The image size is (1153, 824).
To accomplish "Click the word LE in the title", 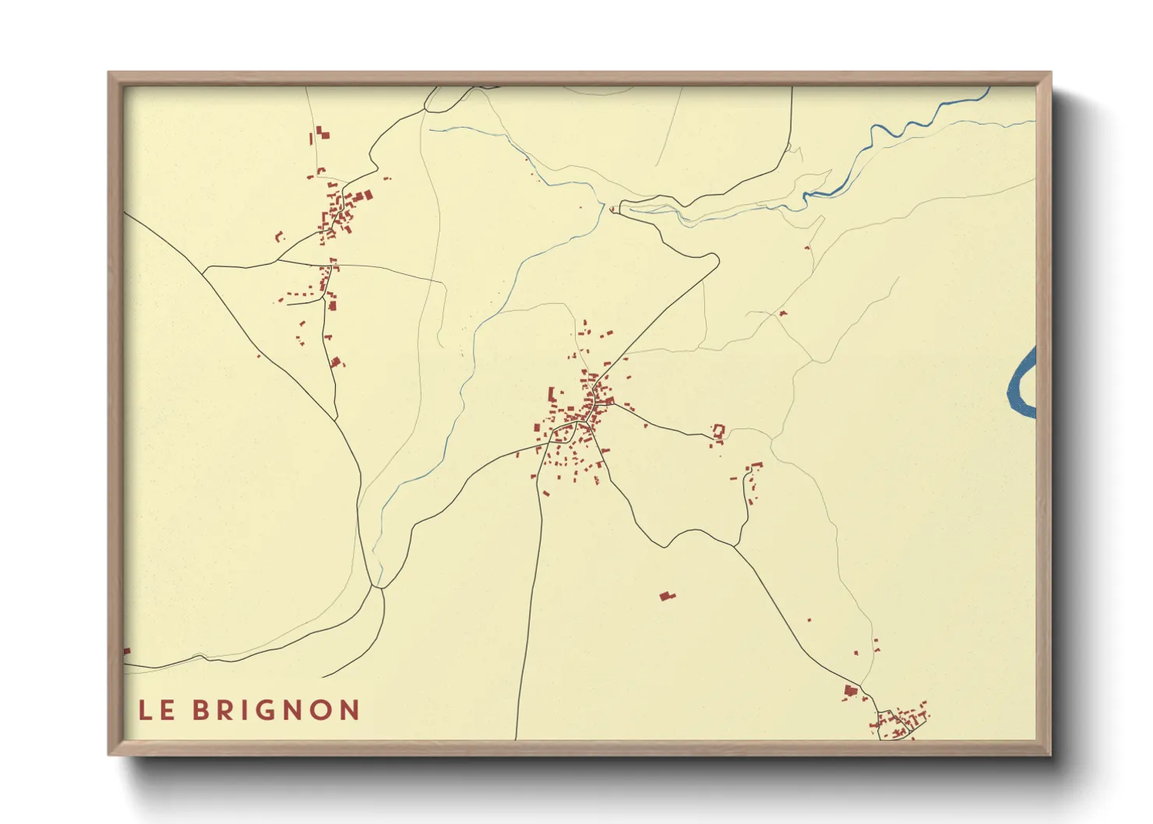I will [x=157, y=710].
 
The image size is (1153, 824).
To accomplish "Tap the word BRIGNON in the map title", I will [x=276, y=710].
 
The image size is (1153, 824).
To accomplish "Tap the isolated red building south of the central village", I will [x=666, y=597].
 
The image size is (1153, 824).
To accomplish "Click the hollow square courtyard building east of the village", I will [x=718, y=430].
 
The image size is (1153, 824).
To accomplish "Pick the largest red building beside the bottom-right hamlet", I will [x=850, y=690].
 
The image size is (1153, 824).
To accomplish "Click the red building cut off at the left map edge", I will [x=127, y=651].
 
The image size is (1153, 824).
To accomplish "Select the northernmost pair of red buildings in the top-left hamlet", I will [x=322, y=134].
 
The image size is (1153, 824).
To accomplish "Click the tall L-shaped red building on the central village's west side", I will [x=552, y=395].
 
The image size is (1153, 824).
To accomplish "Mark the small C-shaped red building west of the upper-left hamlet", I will [x=280, y=236].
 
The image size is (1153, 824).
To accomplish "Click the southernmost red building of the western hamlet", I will [x=336, y=362].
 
